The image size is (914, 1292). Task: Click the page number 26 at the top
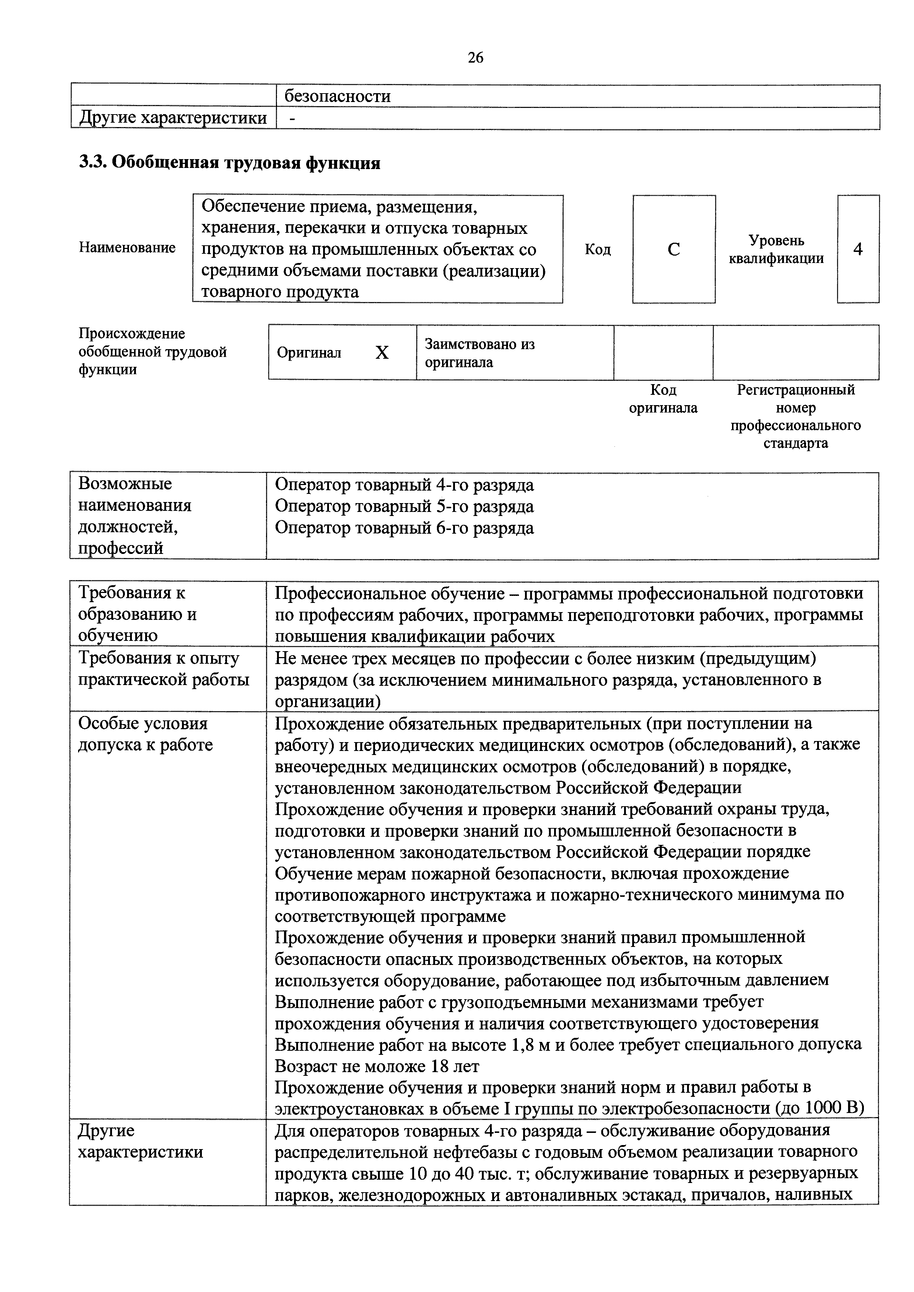(475, 58)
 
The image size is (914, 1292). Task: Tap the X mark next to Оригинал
(382, 353)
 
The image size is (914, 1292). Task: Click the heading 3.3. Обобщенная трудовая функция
(230, 163)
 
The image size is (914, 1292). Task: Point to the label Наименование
(127, 247)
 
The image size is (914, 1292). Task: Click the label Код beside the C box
(598, 249)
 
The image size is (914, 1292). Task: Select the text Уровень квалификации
(776, 249)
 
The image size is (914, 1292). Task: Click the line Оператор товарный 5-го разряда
(404, 506)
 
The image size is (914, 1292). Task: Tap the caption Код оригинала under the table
(663, 399)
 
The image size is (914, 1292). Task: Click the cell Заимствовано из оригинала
(480, 353)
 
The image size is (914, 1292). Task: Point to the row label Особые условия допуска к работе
(145, 734)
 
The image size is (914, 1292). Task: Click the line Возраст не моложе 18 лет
(377, 1066)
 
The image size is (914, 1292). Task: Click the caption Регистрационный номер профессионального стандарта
(795, 417)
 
